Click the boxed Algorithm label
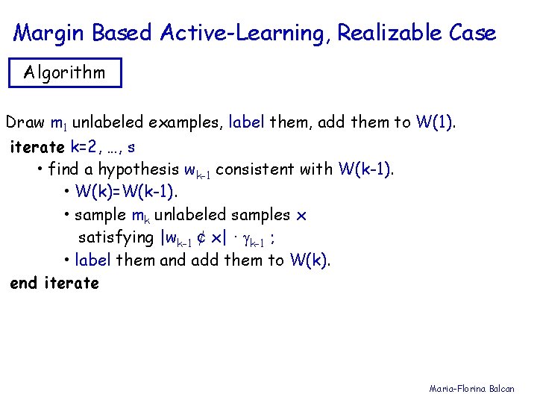pyautogui.click(x=64, y=73)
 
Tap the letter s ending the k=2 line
pyautogui.click(x=131, y=146)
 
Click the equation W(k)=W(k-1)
pyautogui.click(x=126, y=192)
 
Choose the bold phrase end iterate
pyautogui.click(x=54, y=284)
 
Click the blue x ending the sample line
pyautogui.click(x=301, y=216)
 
